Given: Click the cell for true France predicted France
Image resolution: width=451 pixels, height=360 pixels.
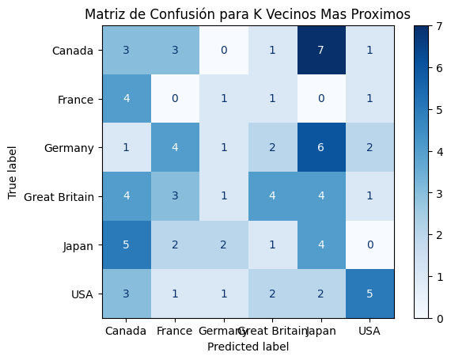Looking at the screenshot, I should point(174,99).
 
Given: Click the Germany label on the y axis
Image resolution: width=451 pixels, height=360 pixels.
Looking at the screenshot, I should point(72,148).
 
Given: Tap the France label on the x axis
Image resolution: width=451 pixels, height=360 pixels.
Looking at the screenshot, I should point(174,330).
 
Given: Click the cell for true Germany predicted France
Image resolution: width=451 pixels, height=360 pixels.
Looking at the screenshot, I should point(174,148).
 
